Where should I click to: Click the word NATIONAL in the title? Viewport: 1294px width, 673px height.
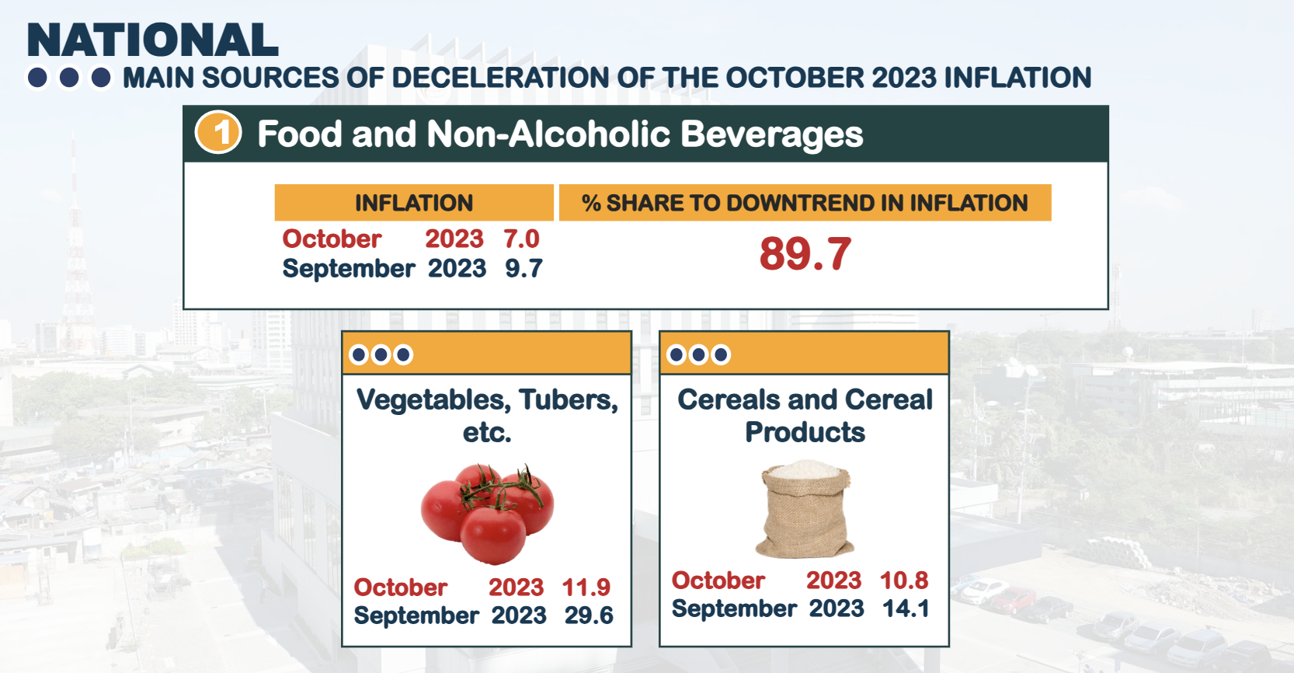152,40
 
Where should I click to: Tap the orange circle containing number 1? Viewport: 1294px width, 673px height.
218,133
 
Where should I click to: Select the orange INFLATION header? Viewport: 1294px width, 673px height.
413,203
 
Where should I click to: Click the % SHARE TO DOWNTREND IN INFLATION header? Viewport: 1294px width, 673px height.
805,203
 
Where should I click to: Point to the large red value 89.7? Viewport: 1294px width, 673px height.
805,254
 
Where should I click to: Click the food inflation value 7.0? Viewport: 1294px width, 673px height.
521,239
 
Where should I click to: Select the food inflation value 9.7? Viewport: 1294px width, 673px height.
524,268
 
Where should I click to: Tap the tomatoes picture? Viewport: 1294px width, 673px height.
487,514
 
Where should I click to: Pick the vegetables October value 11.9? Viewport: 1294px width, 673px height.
586,587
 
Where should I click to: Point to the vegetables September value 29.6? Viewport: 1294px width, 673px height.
588,615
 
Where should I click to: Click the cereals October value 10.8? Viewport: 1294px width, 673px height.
904,580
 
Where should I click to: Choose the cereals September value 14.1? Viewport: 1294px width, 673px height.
906,608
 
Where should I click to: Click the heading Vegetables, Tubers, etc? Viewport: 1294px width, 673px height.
487,415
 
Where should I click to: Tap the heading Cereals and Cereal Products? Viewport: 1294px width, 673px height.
805,415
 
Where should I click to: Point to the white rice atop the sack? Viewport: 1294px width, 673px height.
805,469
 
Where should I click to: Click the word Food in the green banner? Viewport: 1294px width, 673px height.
300,134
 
